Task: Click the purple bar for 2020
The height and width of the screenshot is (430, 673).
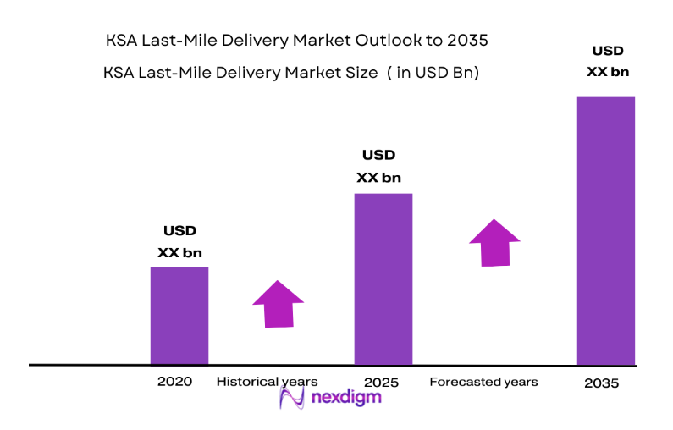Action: [x=179, y=315]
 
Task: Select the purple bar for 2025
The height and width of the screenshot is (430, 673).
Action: [x=383, y=278]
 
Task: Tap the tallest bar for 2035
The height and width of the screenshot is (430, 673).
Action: [x=605, y=230]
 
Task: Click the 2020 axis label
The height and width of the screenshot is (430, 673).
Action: [x=174, y=381]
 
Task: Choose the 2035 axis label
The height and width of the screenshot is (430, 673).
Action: [x=601, y=383]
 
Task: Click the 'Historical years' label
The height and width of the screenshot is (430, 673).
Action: [x=268, y=382]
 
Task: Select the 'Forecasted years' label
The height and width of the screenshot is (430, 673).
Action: [x=483, y=382]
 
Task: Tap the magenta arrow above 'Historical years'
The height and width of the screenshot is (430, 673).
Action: [x=278, y=303]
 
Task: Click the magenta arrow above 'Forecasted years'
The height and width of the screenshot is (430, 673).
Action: [x=495, y=243]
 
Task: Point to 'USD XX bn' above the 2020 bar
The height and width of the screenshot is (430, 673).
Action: [x=179, y=241]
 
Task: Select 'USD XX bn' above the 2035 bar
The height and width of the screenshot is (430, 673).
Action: [x=608, y=62]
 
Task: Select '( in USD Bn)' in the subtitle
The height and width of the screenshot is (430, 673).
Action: [x=433, y=74]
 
